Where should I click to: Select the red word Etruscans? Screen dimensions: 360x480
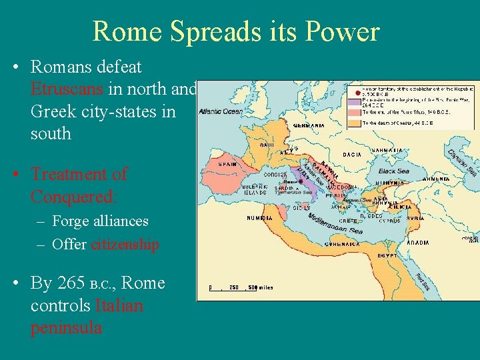pos(67,89)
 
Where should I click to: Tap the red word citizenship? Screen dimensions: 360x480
pos(125,245)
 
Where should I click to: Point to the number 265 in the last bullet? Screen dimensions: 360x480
pos(71,283)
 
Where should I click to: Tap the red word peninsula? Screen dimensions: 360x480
pos(66,328)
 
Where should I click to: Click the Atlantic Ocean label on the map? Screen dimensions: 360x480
pos(221,112)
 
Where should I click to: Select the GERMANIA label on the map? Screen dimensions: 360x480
pos(309,125)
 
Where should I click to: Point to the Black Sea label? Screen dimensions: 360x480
pos(394,171)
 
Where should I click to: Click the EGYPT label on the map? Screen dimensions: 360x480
pos(387,255)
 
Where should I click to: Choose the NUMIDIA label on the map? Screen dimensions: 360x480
pos(259,218)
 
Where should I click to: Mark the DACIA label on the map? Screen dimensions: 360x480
pos(352,155)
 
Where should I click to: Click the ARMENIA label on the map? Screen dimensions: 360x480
pos(436,179)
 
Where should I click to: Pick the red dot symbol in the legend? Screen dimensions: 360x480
pos(357,91)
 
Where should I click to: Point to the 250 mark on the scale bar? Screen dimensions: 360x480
pos(233,288)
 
